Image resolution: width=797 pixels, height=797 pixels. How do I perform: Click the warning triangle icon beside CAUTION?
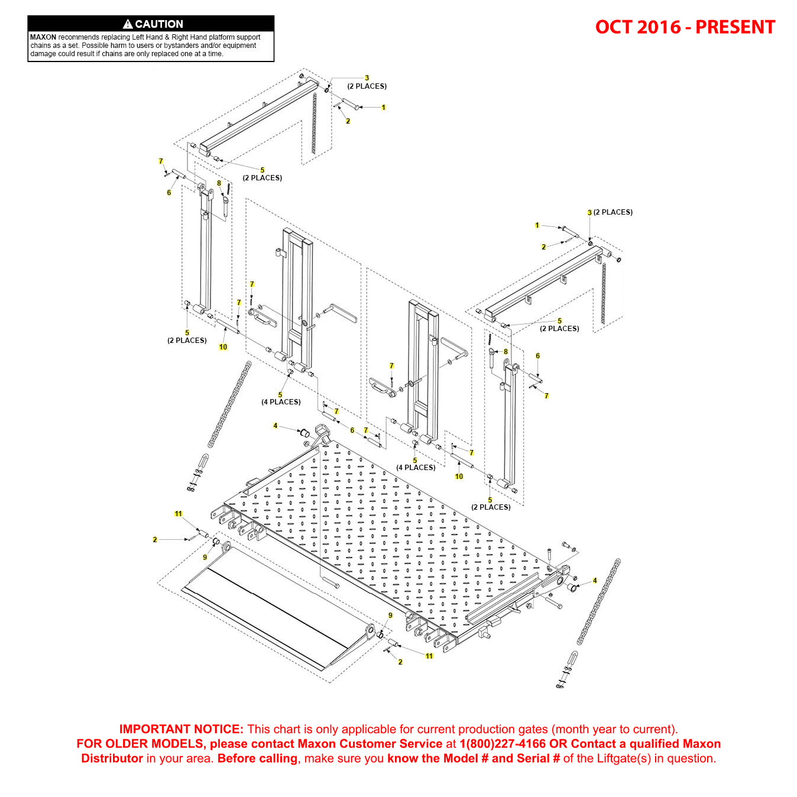click(x=128, y=24)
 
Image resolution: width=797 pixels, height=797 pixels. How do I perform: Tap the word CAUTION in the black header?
click(x=159, y=24)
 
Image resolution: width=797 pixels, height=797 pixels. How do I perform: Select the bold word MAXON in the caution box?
click(x=43, y=37)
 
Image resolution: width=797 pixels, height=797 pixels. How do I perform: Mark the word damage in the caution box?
click(x=43, y=54)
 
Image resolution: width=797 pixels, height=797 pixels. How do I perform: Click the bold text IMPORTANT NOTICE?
click(x=181, y=729)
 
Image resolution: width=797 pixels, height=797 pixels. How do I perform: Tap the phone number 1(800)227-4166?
click(x=503, y=744)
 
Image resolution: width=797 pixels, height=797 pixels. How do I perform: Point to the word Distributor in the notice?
click(x=112, y=759)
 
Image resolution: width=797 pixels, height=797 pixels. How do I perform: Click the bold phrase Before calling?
click(x=257, y=759)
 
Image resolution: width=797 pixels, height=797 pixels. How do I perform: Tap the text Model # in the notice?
click(x=455, y=759)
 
